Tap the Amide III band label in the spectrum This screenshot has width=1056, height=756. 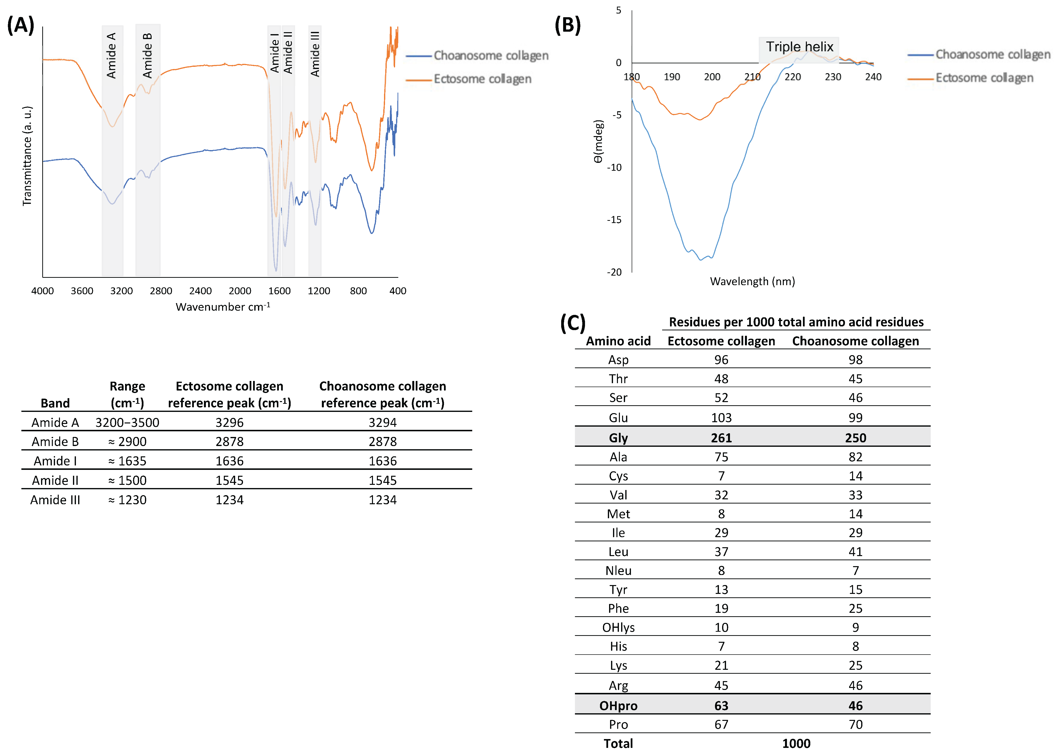point(315,54)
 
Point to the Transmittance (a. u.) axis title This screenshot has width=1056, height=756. point(27,156)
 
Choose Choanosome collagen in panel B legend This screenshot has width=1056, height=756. point(993,55)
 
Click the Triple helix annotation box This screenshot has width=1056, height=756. point(799,47)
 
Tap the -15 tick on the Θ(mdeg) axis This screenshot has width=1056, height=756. point(614,220)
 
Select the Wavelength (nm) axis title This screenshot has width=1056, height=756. point(752,281)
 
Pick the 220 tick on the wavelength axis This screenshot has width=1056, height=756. point(792,77)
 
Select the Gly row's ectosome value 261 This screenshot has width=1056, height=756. point(721,438)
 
